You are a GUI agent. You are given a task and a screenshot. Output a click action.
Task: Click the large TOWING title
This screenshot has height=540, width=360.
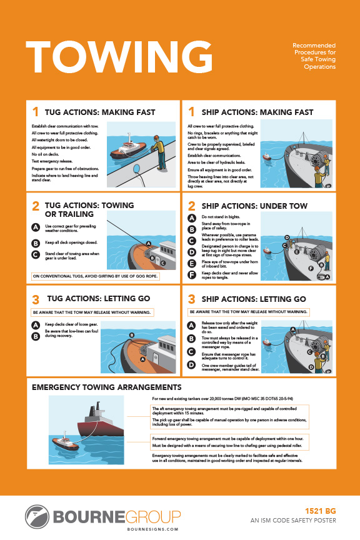(x=118, y=57)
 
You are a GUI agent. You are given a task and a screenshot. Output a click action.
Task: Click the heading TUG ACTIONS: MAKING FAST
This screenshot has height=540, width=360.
(x=102, y=112)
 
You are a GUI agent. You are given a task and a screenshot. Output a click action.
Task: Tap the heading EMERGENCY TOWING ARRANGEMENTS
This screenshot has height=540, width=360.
(x=106, y=387)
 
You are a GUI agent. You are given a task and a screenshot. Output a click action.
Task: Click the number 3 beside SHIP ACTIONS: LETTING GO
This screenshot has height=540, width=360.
(x=192, y=299)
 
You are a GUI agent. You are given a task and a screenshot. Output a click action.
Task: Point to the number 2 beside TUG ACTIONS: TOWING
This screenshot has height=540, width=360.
(x=36, y=206)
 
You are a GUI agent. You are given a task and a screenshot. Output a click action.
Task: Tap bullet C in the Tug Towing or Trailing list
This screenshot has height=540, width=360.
(x=36, y=254)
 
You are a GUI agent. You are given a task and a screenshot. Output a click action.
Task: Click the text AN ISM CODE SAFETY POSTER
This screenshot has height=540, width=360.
(x=293, y=520)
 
